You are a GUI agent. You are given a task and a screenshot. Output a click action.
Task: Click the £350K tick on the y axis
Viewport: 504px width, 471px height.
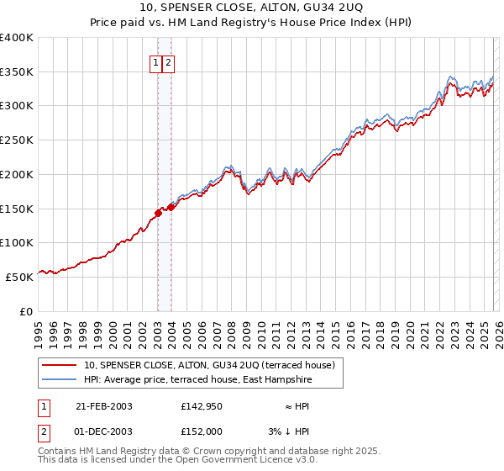coord(17,71)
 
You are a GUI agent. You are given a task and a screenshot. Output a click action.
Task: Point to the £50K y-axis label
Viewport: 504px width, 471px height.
coord(19,276)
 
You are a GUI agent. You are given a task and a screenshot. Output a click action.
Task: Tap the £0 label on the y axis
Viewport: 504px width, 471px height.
coord(25,310)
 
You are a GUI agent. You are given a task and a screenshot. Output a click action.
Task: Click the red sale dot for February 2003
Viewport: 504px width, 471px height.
coord(158,213)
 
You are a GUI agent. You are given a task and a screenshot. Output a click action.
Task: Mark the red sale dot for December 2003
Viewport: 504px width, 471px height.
coord(171,206)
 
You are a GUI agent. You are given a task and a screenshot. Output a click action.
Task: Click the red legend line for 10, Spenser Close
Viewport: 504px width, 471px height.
coord(60,365)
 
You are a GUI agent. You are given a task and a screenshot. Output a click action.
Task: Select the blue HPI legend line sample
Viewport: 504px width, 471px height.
coord(60,380)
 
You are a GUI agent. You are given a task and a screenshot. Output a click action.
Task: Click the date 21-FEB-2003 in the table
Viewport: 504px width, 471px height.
coord(104,406)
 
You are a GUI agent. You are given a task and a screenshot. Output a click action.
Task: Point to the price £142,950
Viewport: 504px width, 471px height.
coord(201,406)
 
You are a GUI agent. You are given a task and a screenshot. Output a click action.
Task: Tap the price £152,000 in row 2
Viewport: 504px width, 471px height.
coord(201,431)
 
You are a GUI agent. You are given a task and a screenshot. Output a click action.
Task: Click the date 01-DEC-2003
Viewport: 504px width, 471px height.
coord(104,431)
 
